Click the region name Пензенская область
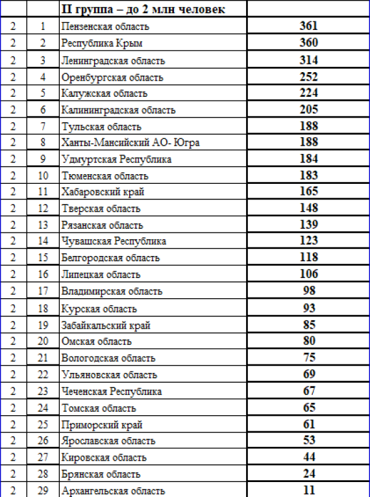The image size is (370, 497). coord(105,27)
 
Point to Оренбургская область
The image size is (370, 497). coord(112,77)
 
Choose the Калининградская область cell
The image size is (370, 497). coord(118,110)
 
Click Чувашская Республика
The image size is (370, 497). coord(114,241)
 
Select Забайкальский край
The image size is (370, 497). coord(106,325)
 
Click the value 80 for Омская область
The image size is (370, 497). coord(309,340)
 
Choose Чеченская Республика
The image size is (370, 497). coord(112,392)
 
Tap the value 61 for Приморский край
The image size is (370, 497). coord(309,424)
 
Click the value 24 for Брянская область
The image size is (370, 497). coord(309,474)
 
